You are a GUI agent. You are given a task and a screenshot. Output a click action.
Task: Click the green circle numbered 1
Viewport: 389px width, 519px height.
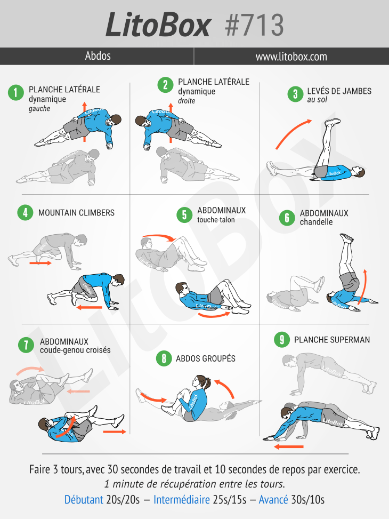16,92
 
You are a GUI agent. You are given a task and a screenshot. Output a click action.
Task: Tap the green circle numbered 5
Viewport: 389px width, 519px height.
184,215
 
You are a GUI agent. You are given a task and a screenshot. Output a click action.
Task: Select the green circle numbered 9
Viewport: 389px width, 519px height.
282,340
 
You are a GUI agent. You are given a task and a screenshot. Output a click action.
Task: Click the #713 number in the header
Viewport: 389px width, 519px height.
254,25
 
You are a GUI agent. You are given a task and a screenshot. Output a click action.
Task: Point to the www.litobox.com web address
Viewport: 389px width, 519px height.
291,57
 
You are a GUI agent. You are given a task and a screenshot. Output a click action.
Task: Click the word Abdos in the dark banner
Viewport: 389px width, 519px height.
98,55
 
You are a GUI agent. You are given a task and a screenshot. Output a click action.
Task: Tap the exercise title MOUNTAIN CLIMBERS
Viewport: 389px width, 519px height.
76,212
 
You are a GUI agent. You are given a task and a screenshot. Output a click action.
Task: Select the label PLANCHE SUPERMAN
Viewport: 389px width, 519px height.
332,340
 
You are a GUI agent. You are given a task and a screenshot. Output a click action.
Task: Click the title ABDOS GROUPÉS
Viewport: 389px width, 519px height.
205,358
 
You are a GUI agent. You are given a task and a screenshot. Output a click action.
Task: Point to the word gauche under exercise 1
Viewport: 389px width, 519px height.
39,109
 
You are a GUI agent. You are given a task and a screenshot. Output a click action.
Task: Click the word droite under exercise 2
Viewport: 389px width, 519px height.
187,101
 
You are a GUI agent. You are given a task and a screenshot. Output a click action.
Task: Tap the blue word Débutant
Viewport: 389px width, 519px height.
84,499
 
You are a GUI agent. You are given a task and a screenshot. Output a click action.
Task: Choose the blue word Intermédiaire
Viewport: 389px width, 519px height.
182,499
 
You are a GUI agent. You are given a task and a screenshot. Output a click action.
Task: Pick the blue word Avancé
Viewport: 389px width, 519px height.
273,499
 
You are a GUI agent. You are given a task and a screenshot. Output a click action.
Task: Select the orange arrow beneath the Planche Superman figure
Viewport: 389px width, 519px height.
289,447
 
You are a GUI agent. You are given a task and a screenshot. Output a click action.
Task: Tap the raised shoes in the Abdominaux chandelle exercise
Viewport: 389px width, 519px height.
347,238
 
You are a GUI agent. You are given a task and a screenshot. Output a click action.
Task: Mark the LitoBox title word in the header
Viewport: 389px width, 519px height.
158,25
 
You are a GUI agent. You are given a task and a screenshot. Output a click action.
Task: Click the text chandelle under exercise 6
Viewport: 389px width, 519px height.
316,222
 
